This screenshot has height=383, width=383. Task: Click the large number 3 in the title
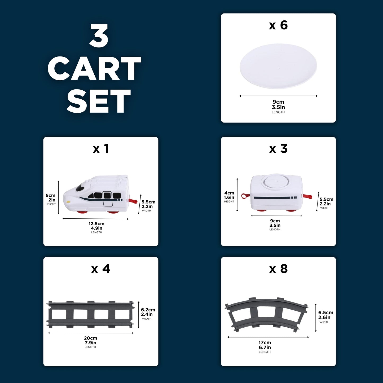click(99, 36)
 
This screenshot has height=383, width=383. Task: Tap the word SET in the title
click(99, 101)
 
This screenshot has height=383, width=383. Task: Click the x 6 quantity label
click(278, 25)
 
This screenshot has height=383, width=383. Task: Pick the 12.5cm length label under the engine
click(96, 223)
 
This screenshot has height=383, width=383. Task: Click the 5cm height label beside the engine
click(50, 195)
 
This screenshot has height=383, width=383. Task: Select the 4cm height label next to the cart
click(229, 193)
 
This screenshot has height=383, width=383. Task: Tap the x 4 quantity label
click(100, 269)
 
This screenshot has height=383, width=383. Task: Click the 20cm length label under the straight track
click(90, 338)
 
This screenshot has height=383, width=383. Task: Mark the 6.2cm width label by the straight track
click(148, 310)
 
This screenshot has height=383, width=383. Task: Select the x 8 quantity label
click(278, 269)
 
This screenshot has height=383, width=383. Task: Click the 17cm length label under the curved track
click(265, 342)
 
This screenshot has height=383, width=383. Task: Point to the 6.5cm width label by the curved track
click(326, 313)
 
